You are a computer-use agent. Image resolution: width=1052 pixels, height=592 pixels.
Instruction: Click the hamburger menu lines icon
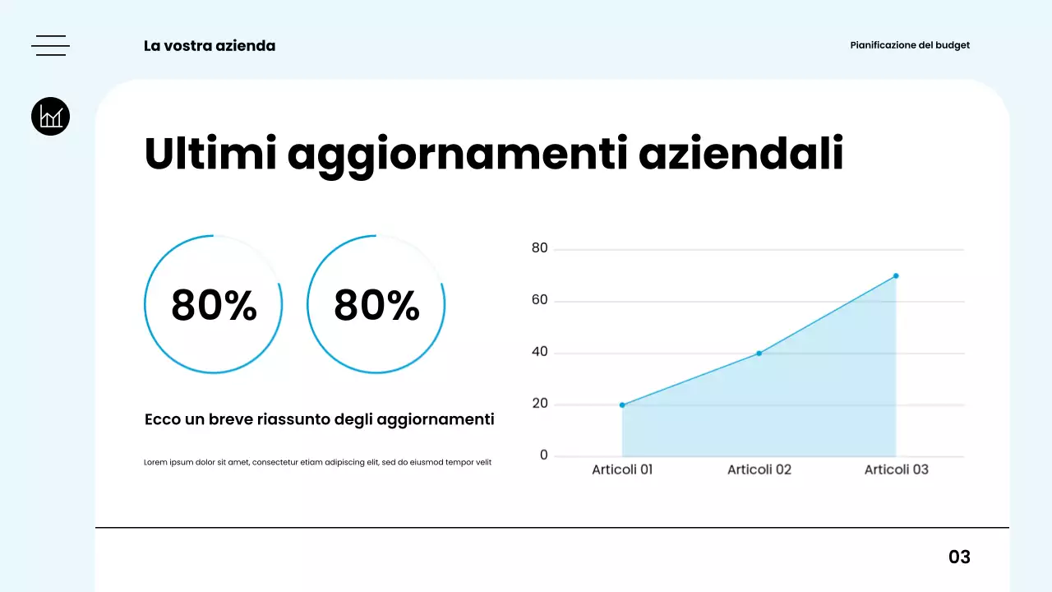[x=50, y=46]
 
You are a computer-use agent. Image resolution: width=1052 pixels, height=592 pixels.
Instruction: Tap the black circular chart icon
[x=50, y=116]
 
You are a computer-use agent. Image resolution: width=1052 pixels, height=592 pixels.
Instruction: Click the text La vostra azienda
[x=210, y=46]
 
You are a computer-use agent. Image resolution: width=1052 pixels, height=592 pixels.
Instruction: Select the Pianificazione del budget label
[x=910, y=45]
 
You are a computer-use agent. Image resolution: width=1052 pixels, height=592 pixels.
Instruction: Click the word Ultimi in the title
[x=210, y=154]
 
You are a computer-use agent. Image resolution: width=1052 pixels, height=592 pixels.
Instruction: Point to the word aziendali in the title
[x=741, y=154]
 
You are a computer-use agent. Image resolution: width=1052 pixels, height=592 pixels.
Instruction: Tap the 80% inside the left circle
[x=214, y=305]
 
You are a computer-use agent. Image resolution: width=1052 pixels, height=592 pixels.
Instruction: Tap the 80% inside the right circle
[x=376, y=305]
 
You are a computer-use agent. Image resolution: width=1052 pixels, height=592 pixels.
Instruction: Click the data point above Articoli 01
[x=622, y=405]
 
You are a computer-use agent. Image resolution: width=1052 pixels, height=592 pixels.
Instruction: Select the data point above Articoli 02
[x=759, y=353]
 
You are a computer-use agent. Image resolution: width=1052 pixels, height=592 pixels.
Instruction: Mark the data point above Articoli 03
[x=896, y=275]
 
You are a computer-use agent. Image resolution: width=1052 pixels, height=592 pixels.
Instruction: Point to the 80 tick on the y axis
[x=539, y=247]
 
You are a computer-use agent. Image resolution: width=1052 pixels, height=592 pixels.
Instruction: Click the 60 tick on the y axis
[x=539, y=300]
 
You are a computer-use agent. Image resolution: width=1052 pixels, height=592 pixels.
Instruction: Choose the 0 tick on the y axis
[x=543, y=456]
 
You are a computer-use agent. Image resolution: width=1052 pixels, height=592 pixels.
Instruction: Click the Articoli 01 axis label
[x=622, y=469]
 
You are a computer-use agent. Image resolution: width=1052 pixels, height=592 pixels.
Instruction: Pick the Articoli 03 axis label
[x=896, y=469]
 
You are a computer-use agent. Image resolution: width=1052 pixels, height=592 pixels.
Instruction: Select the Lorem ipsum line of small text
[x=317, y=462]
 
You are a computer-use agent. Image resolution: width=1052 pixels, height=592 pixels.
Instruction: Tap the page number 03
[x=959, y=557]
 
